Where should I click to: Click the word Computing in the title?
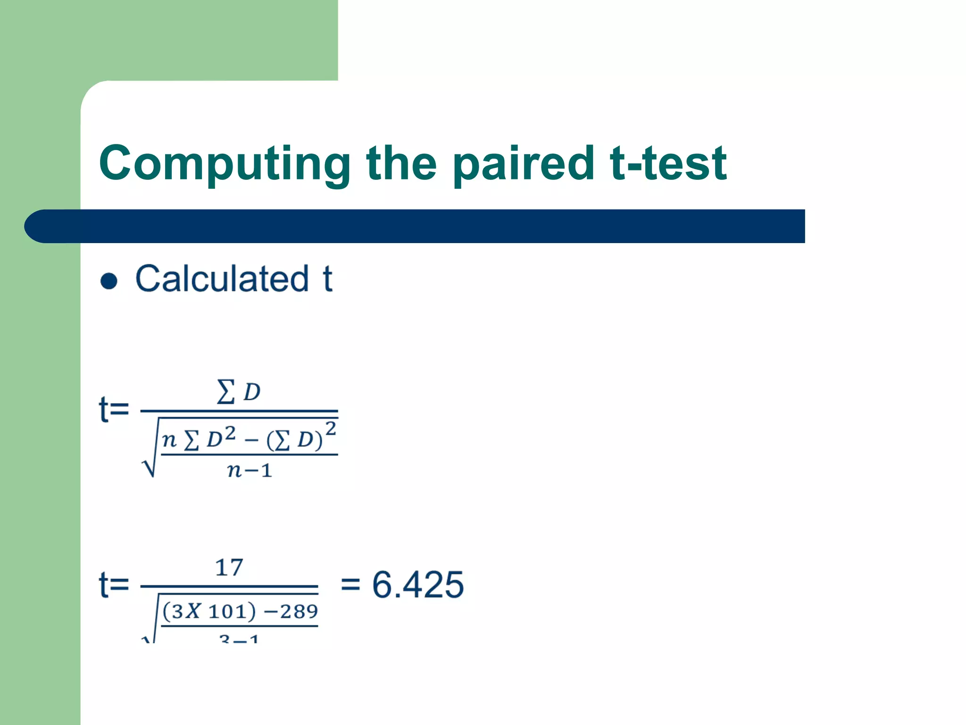pyautogui.click(x=225, y=164)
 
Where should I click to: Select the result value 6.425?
pyautogui.click(x=418, y=585)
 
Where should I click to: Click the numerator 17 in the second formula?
pyautogui.click(x=229, y=567)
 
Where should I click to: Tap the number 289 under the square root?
pyautogui.click(x=299, y=612)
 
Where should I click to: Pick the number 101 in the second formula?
pyautogui.click(x=227, y=612)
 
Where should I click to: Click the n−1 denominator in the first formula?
pyautogui.click(x=250, y=471)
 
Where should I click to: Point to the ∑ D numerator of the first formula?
pyautogui.click(x=239, y=392)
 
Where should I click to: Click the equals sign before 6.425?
pyautogui.click(x=350, y=585)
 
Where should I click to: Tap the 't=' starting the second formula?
pyautogui.click(x=114, y=585)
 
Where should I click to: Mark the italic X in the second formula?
pyautogui.click(x=192, y=612)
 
